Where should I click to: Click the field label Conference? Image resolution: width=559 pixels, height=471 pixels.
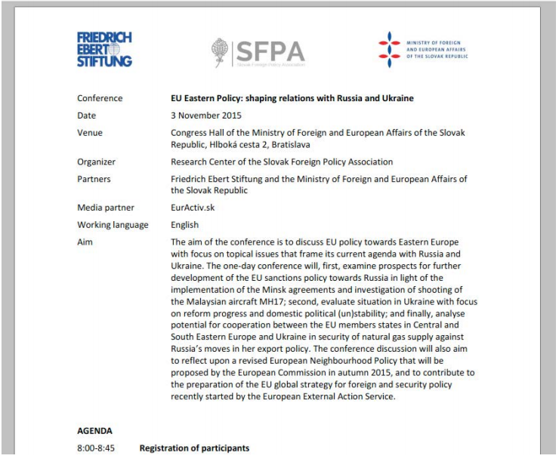point(101,99)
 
